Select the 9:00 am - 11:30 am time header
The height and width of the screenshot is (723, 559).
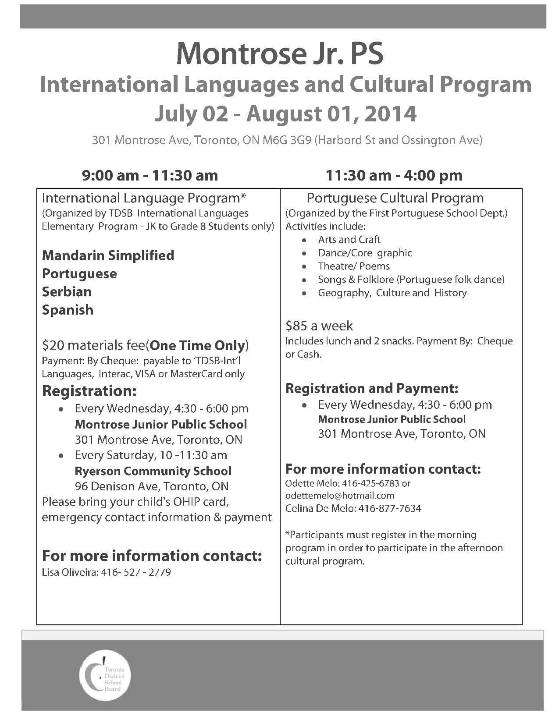150,176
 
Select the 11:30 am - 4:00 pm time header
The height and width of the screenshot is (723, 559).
394,176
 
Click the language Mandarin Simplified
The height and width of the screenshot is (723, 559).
108,255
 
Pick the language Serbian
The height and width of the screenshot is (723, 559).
67,292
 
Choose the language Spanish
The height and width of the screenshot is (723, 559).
68,310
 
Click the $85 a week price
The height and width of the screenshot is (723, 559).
319,326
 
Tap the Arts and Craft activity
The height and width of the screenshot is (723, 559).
349,240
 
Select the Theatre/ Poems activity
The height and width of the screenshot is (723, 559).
353,266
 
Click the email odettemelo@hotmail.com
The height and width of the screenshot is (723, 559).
340,496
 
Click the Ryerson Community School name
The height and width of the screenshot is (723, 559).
153,471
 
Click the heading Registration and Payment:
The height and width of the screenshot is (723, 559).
371,388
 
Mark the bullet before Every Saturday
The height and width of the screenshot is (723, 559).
63,456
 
